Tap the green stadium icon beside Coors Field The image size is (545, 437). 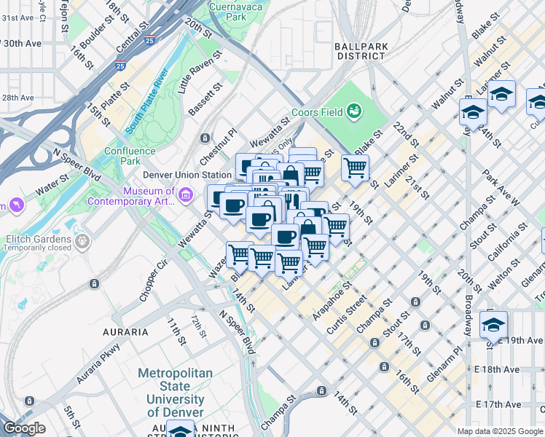tap(354, 111)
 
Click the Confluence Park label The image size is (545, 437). tap(130, 156)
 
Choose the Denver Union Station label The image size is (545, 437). tap(187, 175)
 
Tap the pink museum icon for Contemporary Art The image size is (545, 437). tap(185, 194)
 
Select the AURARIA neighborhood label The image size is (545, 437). tap(126, 332)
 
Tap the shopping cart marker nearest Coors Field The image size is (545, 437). tap(355, 168)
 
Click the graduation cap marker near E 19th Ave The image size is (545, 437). tap(493, 324)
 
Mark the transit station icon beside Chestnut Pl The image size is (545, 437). tap(205, 138)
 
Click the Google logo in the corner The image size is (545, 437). tap(24, 428)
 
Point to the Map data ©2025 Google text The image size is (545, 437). tap(500, 431)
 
